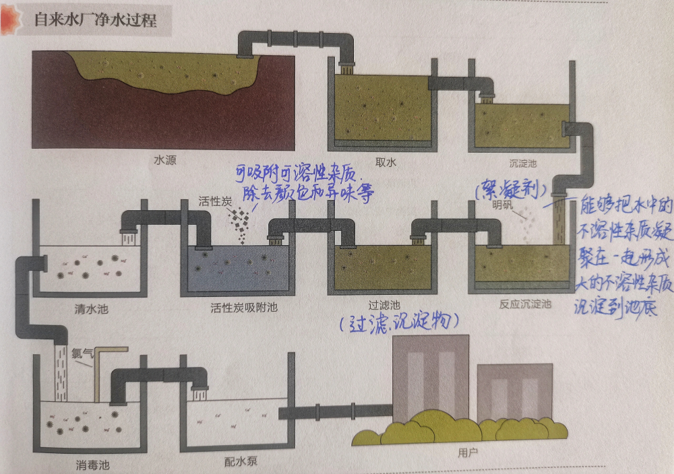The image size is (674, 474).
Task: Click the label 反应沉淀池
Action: [526, 304]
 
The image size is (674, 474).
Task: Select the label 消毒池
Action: [92, 464]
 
